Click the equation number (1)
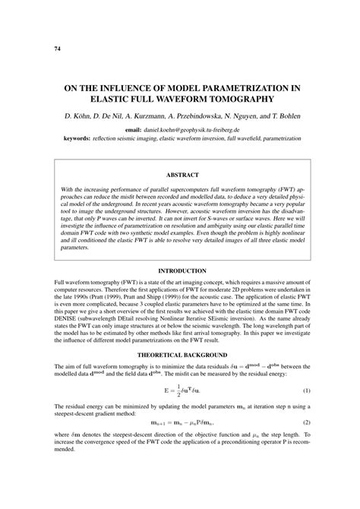(306, 390)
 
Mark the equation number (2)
(306, 422)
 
